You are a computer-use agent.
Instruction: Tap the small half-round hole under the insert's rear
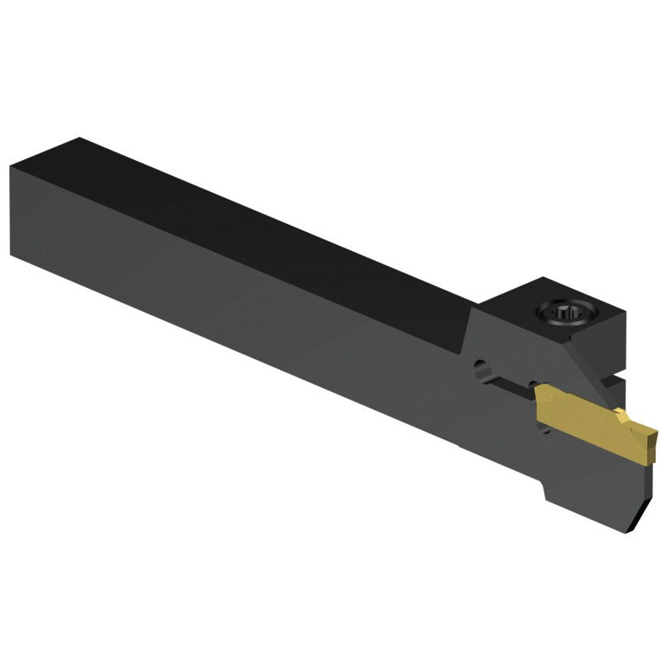(x=541, y=428)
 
